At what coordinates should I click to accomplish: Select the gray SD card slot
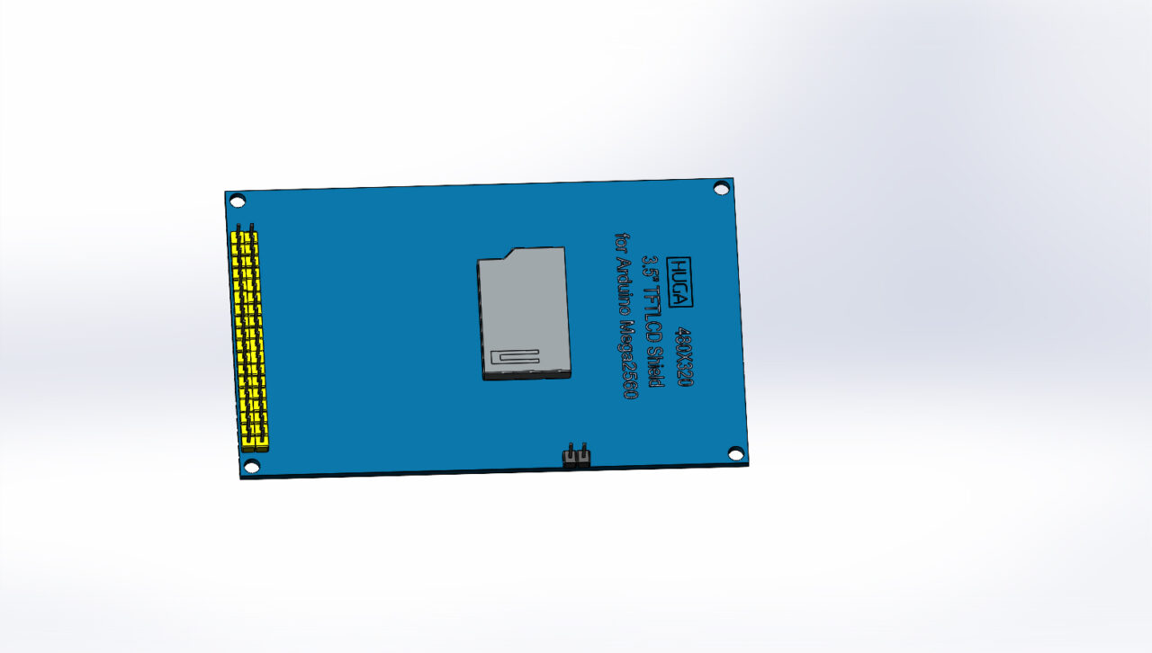tap(524, 310)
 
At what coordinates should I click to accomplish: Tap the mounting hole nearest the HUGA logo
tap(721, 187)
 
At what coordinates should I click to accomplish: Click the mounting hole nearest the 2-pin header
tap(735, 453)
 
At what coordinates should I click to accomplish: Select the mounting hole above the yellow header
tap(237, 201)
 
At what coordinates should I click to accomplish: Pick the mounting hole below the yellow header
tap(252, 466)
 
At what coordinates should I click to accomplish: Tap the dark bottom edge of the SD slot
tap(528, 375)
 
